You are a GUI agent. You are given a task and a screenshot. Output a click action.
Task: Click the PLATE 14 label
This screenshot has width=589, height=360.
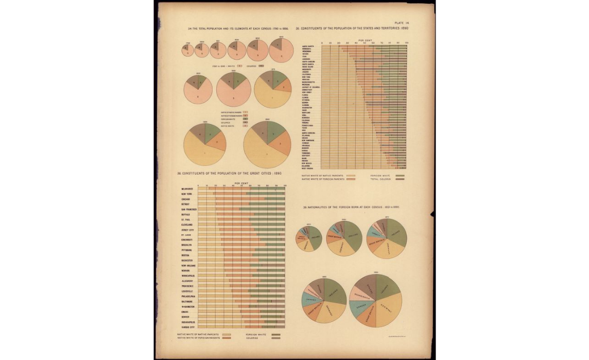(402, 23)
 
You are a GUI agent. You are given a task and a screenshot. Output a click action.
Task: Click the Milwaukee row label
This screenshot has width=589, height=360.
(187, 189)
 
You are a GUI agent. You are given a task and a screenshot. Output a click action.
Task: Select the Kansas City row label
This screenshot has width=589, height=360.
(188, 327)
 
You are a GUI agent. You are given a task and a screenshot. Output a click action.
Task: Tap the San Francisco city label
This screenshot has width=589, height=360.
(189, 210)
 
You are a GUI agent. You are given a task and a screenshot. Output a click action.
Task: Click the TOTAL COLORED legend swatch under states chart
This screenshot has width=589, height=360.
(400, 179)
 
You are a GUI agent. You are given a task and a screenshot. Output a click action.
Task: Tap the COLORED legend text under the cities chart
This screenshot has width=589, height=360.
(252, 338)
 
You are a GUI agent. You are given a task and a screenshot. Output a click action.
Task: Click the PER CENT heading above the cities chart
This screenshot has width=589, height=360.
(241, 183)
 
